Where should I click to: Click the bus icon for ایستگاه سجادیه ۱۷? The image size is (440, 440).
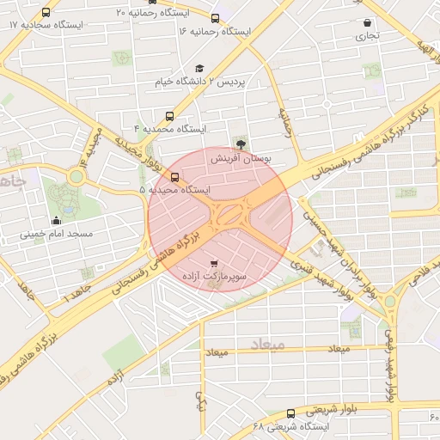46,13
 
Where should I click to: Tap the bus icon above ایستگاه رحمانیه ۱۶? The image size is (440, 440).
215,18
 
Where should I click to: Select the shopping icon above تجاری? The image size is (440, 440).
368,23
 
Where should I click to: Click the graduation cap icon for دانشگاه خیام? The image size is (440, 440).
199,69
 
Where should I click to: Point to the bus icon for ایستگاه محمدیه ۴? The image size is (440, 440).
169,115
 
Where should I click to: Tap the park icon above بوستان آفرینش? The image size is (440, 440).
240,144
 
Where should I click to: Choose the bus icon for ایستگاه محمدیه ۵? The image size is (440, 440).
175,177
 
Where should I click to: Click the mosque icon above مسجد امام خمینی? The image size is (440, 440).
56,220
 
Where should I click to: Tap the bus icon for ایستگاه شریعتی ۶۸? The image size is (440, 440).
290,413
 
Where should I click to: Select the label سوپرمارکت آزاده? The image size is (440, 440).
214,278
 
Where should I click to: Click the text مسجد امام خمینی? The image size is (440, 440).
62,234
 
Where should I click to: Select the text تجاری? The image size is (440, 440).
367,37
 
